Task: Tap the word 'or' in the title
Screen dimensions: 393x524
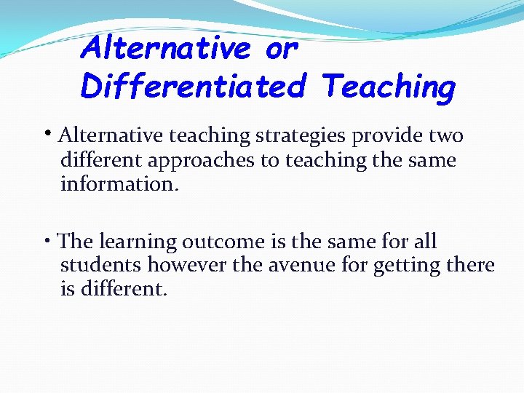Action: pos(282,49)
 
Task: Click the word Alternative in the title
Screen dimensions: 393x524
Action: pos(167,49)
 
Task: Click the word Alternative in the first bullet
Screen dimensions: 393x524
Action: pos(111,136)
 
